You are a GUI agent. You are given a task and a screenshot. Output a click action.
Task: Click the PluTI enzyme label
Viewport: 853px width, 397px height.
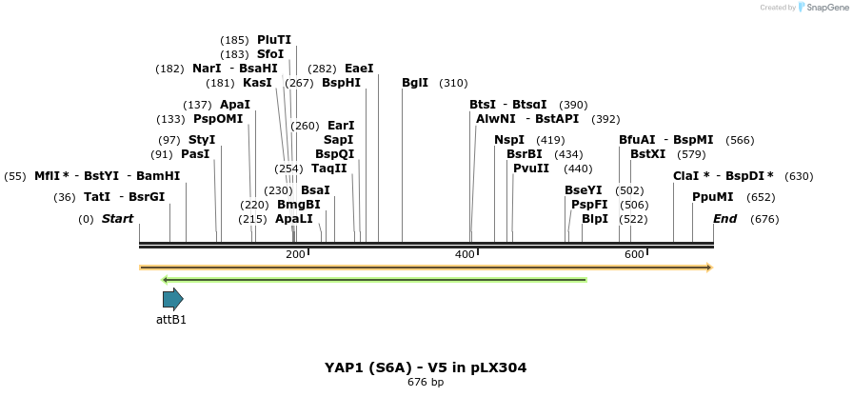(274, 40)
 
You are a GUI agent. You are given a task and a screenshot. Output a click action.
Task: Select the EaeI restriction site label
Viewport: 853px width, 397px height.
(359, 69)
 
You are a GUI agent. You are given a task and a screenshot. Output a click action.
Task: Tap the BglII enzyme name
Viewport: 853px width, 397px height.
(415, 83)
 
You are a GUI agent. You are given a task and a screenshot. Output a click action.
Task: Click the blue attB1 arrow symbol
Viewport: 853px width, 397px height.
(172, 299)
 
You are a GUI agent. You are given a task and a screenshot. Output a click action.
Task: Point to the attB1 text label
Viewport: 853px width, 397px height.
(171, 320)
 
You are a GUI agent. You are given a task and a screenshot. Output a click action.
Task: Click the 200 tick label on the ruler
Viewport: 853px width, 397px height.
(295, 254)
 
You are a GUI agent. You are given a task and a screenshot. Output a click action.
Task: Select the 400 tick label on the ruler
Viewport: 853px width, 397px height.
(465, 254)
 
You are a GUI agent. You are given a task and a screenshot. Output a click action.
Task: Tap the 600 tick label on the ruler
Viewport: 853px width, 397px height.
(634, 254)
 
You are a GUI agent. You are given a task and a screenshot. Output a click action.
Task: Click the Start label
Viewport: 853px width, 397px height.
(117, 219)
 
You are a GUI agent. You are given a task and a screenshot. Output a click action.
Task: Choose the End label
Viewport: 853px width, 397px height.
(725, 219)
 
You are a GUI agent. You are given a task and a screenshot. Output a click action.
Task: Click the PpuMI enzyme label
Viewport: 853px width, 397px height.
(713, 197)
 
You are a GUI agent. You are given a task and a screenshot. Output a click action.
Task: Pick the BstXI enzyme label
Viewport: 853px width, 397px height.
(647, 154)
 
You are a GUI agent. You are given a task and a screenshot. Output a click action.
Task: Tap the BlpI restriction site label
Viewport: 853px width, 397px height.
(595, 219)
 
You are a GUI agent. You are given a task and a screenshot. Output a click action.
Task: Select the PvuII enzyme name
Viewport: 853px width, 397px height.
(531, 169)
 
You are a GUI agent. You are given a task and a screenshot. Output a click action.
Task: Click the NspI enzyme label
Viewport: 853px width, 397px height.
(509, 140)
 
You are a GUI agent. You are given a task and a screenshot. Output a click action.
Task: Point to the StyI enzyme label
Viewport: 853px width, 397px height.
(202, 140)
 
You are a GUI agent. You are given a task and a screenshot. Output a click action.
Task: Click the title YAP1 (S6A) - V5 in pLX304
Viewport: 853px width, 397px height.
(426, 367)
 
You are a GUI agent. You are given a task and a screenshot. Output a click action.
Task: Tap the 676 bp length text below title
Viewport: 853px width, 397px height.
(426, 383)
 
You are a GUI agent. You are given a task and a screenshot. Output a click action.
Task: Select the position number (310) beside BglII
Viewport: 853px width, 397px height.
(453, 83)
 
